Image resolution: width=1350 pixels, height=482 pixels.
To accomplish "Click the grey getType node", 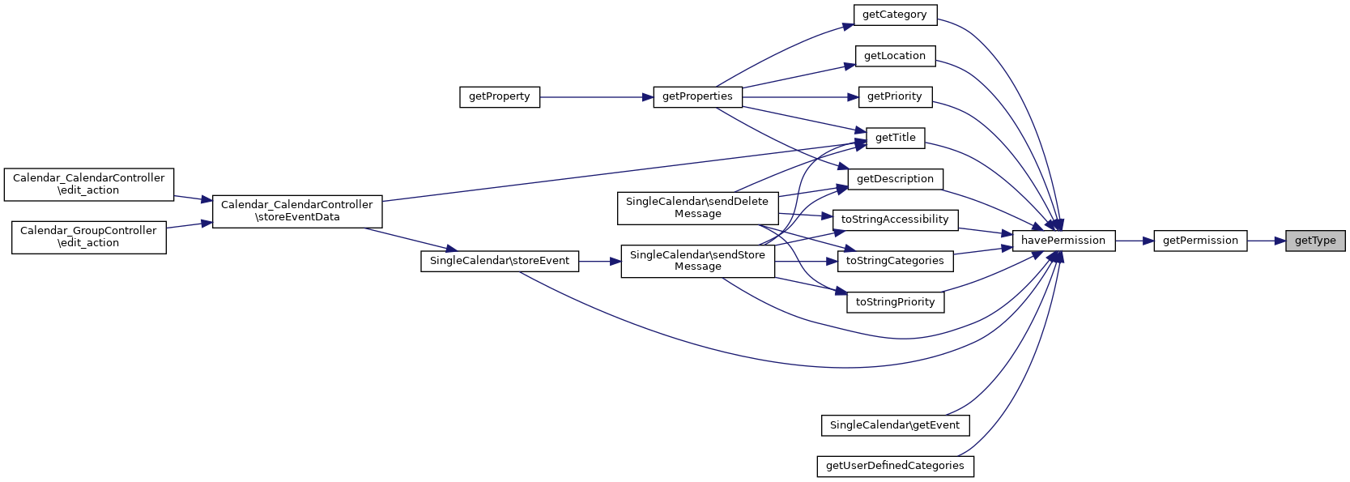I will click(x=1314, y=241).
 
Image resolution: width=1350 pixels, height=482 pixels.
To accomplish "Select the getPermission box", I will click(x=1199, y=241).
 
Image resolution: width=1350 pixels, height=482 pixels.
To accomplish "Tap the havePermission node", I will click(x=1063, y=241).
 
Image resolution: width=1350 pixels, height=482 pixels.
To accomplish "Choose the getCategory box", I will click(x=894, y=15).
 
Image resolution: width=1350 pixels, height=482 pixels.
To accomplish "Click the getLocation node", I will click(x=894, y=56).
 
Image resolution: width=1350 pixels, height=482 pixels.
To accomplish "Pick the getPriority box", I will click(x=894, y=96).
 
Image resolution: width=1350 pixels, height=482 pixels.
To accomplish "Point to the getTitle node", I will click(x=895, y=138).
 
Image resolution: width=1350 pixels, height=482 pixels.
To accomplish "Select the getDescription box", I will click(x=895, y=179).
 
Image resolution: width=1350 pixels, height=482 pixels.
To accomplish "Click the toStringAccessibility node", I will click(x=895, y=220).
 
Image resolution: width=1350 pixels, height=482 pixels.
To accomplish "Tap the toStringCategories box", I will click(x=895, y=261).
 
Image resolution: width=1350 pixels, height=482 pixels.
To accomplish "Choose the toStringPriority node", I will click(x=895, y=302).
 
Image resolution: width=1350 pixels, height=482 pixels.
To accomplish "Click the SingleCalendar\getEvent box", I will click(x=894, y=425).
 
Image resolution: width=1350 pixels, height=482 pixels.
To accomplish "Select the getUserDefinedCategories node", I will click(x=895, y=466).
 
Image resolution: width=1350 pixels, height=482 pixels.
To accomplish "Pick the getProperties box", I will click(x=697, y=96).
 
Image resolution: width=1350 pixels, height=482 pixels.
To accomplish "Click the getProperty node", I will click(x=499, y=96).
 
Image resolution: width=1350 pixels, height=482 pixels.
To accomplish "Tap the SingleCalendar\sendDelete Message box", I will click(x=697, y=208).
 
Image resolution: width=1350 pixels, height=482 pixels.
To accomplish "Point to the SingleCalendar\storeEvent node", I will click(x=499, y=261).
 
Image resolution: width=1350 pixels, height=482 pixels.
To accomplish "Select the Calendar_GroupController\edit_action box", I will click(x=88, y=237).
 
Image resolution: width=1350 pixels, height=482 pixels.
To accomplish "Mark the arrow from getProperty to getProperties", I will click(x=596, y=97).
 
